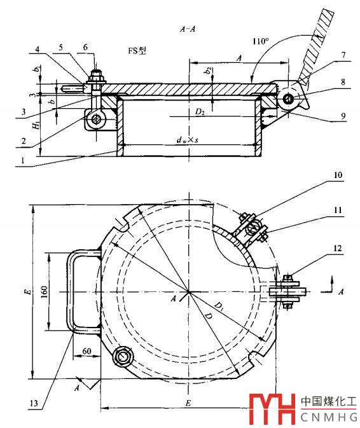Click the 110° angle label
tap(260, 41)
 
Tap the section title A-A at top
tap(188, 29)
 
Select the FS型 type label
tap(137, 51)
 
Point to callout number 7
tap(343, 55)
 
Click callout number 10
tap(338, 175)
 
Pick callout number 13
tap(34, 403)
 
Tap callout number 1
tap(23, 160)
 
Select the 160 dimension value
tap(45, 291)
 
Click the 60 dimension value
tap(87, 351)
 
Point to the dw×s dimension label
tap(188, 140)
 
